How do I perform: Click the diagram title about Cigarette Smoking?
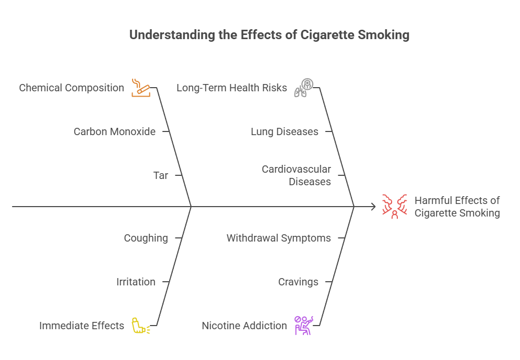(x=269, y=35)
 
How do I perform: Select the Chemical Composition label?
(x=72, y=88)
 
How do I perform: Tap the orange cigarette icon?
(x=139, y=87)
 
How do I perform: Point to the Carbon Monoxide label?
(x=114, y=131)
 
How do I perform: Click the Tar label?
(x=161, y=175)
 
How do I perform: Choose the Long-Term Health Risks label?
(x=232, y=88)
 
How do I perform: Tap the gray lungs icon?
(x=303, y=87)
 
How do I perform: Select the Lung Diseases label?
(x=285, y=131)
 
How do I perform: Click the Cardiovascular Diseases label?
(x=297, y=175)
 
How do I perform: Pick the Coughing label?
(x=146, y=238)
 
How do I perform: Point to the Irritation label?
(x=136, y=282)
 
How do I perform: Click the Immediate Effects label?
(x=81, y=326)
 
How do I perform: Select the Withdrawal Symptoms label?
(x=278, y=238)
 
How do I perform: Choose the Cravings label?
(x=298, y=282)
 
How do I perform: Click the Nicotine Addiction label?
(x=244, y=326)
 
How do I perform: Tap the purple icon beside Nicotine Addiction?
(x=303, y=325)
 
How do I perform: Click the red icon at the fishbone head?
(x=394, y=207)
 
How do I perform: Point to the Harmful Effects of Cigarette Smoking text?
(x=457, y=207)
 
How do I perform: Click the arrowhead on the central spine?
(x=373, y=207)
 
